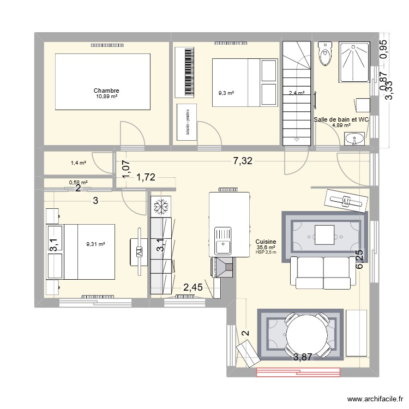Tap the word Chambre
click(106, 91)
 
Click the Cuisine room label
click(266, 242)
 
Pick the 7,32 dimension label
click(243, 161)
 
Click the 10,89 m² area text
click(106, 97)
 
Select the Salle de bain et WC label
click(341, 119)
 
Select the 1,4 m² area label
click(78, 163)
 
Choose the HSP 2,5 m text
click(266, 252)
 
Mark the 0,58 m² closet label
click(78, 183)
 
